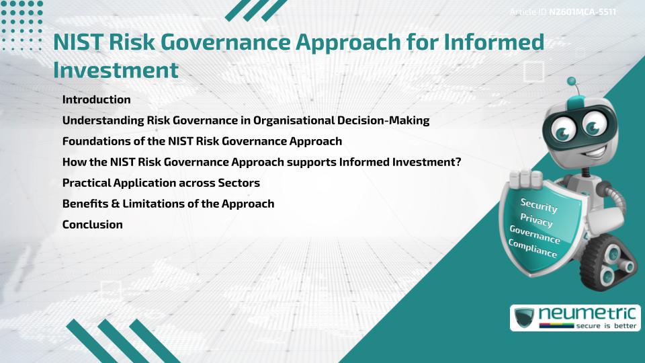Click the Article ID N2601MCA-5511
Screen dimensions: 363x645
(562, 12)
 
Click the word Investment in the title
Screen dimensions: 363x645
(116, 70)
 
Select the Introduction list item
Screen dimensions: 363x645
(96, 99)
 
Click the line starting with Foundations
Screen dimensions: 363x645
(202, 141)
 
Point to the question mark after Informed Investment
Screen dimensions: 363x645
(457, 162)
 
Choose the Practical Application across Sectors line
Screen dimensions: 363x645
(161, 183)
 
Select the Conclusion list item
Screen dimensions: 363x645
(92, 225)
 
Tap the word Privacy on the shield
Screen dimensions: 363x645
(536, 220)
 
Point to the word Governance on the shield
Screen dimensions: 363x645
(535, 235)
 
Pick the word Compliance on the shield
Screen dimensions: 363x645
(533, 249)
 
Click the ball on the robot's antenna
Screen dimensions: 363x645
(572, 82)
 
